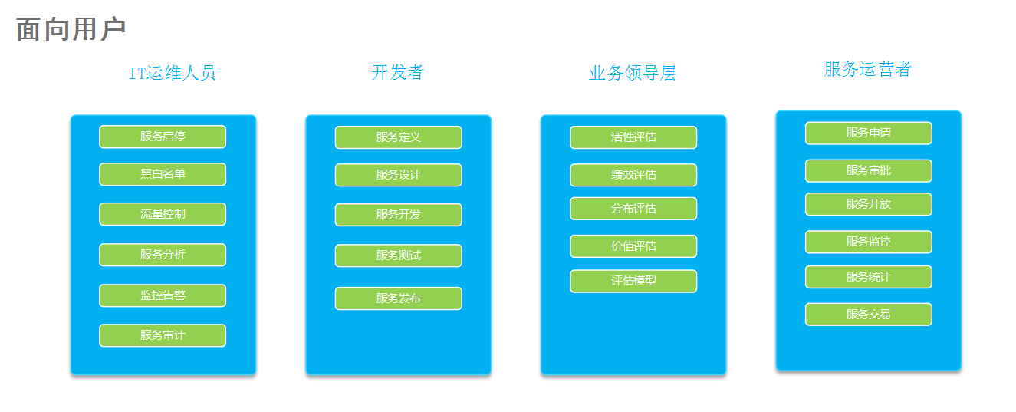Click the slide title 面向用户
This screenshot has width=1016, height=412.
coord(71,29)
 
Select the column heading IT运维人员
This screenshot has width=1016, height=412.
coord(173,73)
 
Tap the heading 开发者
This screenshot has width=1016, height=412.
coord(398,72)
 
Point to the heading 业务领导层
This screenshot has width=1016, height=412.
coord(633,73)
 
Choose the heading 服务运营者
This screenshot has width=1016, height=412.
coord(868,69)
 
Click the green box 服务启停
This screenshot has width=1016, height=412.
coord(163,137)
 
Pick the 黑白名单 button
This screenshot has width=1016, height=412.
coord(163,174)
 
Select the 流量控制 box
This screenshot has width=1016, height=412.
coord(163,214)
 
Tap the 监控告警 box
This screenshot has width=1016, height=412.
coord(163,296)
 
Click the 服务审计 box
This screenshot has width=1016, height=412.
coord(163,335)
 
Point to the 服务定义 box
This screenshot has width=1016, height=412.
coord(398,137)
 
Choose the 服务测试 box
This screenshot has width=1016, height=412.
coord(398,256)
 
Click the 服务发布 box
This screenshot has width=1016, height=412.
coord(398,298)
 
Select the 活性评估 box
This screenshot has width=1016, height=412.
coord(633,137)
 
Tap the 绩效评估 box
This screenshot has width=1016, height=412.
coord(633,175)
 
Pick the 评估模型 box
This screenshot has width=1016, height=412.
coord(633,282)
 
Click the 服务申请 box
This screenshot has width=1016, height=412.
coord(869,133)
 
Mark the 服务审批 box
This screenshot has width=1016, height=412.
coord(869,170)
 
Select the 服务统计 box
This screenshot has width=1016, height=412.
coord(869,277)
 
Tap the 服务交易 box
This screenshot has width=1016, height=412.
coord(869,315)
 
